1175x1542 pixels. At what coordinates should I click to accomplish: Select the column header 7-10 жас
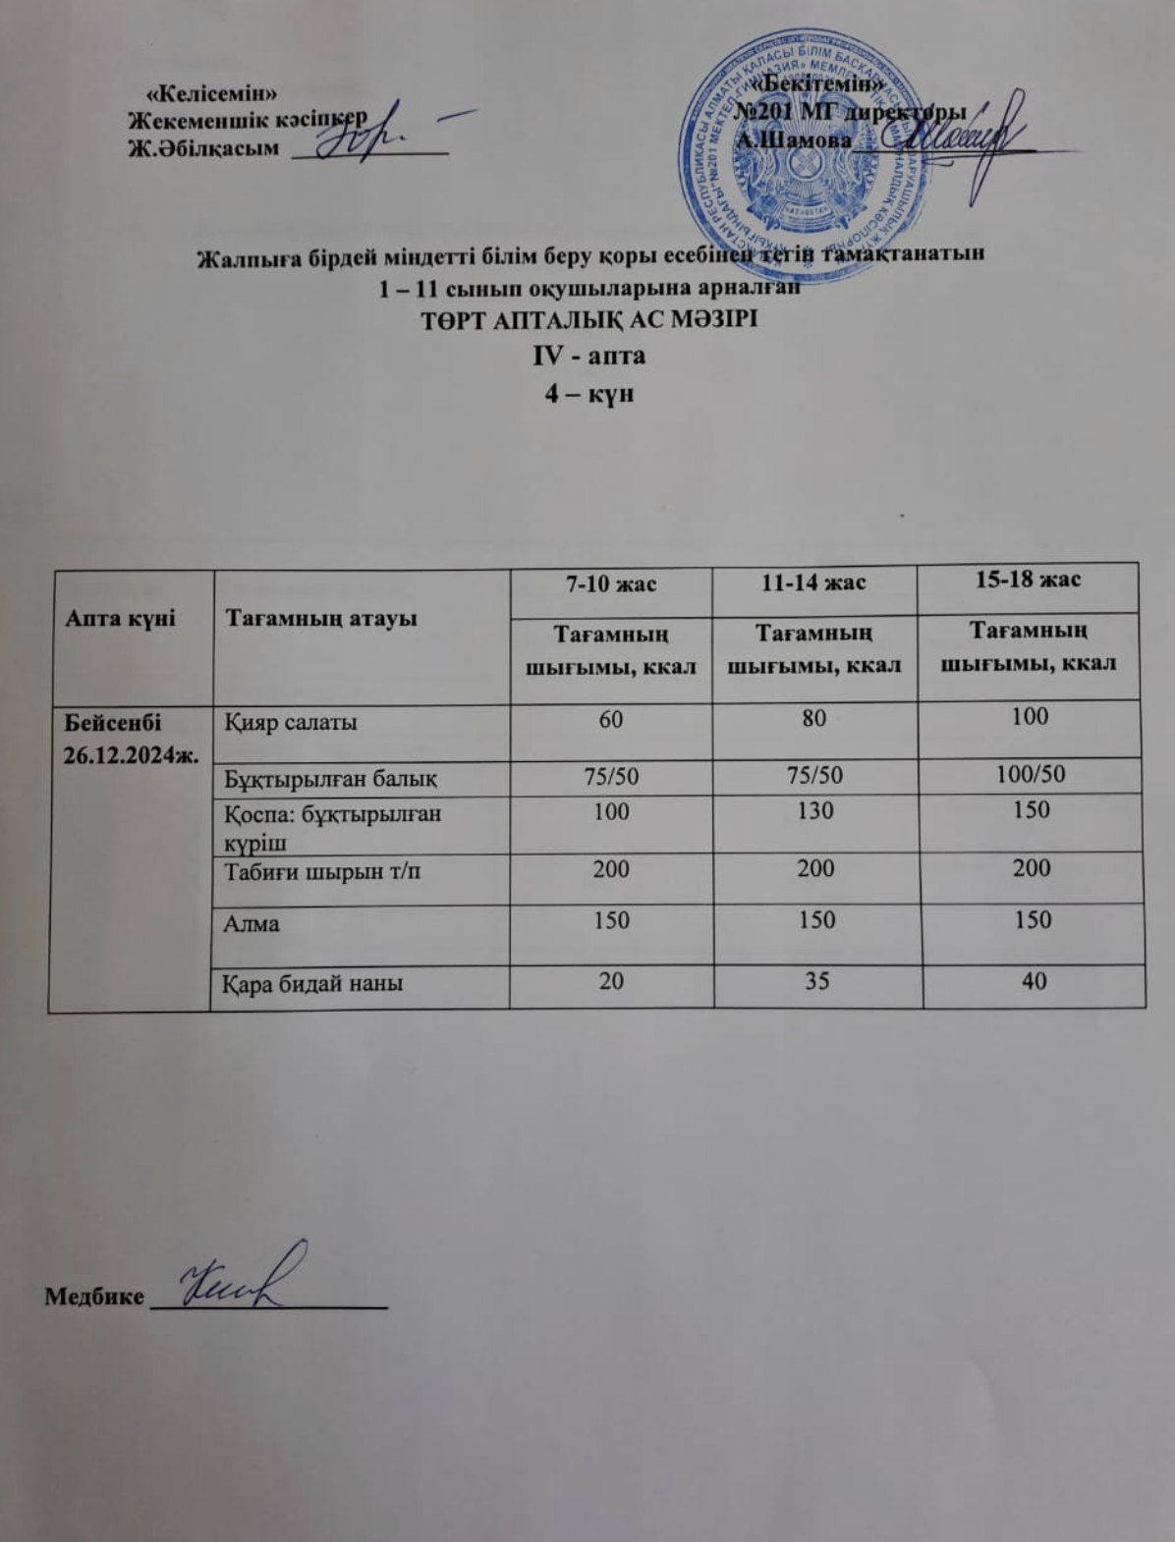[x=611, y=583]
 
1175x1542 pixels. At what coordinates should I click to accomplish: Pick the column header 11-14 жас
[x=815, y=583]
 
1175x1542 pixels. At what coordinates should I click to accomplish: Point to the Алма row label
[x=252, y=923]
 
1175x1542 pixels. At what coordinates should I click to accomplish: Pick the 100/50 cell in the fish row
[x=1030, y=775]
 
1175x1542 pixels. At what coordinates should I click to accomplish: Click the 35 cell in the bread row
[x=817, y=979]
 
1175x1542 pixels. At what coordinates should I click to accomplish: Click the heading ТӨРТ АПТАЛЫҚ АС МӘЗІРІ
[x=588, y=320]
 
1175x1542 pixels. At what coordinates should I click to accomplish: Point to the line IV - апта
[x=588, y=355]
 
